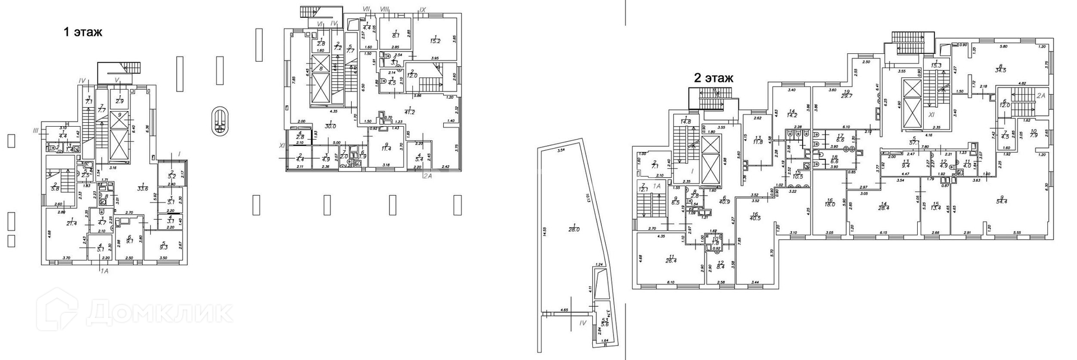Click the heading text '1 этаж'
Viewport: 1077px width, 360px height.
[x=83, y=32]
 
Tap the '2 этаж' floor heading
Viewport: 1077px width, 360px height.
[x=714, y=79]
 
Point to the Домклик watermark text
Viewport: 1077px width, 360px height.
[x=160, y=313]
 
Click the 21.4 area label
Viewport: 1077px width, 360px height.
[x=71, y=223]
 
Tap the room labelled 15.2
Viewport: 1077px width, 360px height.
[x=435, y=40]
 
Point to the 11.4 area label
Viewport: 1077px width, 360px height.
[x=385, y=149]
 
